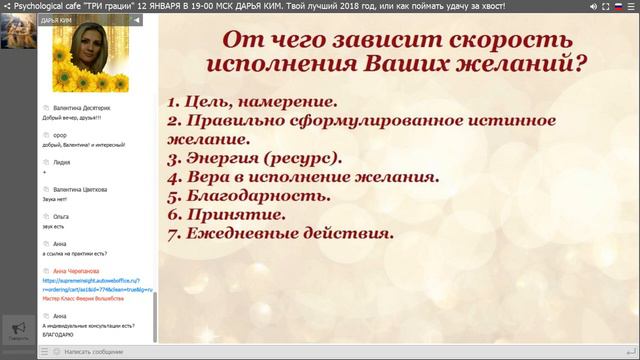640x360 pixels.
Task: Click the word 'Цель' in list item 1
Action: coord(206,102)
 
